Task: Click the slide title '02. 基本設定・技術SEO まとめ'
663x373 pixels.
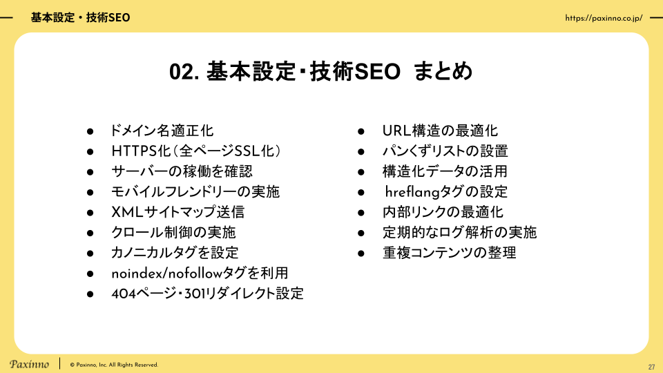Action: tap(320, 71)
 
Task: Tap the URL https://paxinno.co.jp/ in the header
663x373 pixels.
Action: tap(604, 18)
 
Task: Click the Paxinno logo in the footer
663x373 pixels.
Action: tap(29, 364)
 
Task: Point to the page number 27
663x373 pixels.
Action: tap(651, 367)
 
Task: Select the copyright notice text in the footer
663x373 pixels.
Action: tap(114, 365)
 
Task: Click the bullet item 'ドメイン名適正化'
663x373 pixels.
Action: tap(162, 131)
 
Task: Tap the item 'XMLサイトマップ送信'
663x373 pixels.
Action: tap(178, 212)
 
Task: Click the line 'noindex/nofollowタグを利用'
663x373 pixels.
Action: tap(200, 274)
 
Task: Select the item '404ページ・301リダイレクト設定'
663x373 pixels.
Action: tap(208, 294)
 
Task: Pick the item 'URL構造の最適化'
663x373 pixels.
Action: tap(440, 131)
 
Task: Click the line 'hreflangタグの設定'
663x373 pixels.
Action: tap(446, 191)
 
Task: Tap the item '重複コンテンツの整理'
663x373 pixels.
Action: tap(450, 253)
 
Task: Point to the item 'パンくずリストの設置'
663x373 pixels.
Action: tap(445, 151)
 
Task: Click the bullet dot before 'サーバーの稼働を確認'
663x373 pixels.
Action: tap(90, 172)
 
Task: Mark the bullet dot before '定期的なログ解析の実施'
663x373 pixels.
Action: tap(361, 233)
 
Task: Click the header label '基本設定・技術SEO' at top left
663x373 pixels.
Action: tap(80, 18)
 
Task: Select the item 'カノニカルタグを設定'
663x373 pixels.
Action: tap(175, 253)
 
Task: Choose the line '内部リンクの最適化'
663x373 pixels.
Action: tap(443, 212)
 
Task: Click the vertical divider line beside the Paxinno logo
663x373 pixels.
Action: tap(59, 364)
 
